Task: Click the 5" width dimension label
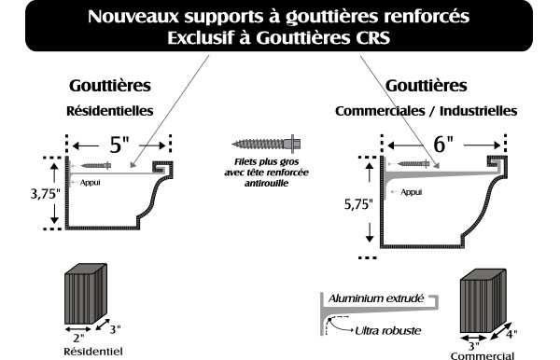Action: tap(119, 145)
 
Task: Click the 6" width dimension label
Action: tap(443, 144)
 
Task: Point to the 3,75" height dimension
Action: tap(45, 194)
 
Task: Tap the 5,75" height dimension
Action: tap(358, 203)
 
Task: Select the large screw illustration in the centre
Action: tap(266, 145)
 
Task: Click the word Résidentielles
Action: tap(110, 111)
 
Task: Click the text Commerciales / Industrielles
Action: tap(427, 111)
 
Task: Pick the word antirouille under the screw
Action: tap(266, 184)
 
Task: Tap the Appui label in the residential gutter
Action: tap(90, 183)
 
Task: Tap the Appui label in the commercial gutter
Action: tap(411, 192)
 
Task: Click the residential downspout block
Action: tap(86, 294)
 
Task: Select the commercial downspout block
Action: tap(483, 300)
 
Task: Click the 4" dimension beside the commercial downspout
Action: tap(511, 334)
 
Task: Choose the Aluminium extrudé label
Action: tap(376, 298)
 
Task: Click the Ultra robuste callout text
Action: tap(388, 331)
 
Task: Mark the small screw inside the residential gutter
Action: tap(96, 166)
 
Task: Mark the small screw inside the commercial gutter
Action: tap(413, 164)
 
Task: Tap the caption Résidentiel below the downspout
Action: tap(93, 352)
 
